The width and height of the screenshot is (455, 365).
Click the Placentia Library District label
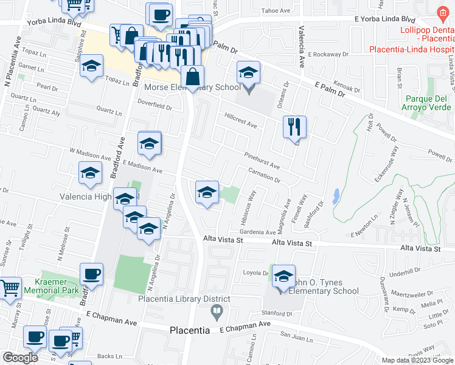click(184, 299)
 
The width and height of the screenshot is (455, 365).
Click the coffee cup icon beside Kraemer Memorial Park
click(91, 274)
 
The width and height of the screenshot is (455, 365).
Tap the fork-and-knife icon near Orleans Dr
click(294, 127)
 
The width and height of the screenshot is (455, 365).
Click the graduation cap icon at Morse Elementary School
click(248, 73)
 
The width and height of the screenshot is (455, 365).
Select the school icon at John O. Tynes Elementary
click(283, 276)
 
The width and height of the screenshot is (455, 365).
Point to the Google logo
click(20, 358)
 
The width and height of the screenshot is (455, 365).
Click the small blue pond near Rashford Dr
click(336, 196)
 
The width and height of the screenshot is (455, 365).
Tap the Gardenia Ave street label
click(257, 232)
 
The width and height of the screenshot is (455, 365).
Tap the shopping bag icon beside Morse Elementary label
click(193, 77)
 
